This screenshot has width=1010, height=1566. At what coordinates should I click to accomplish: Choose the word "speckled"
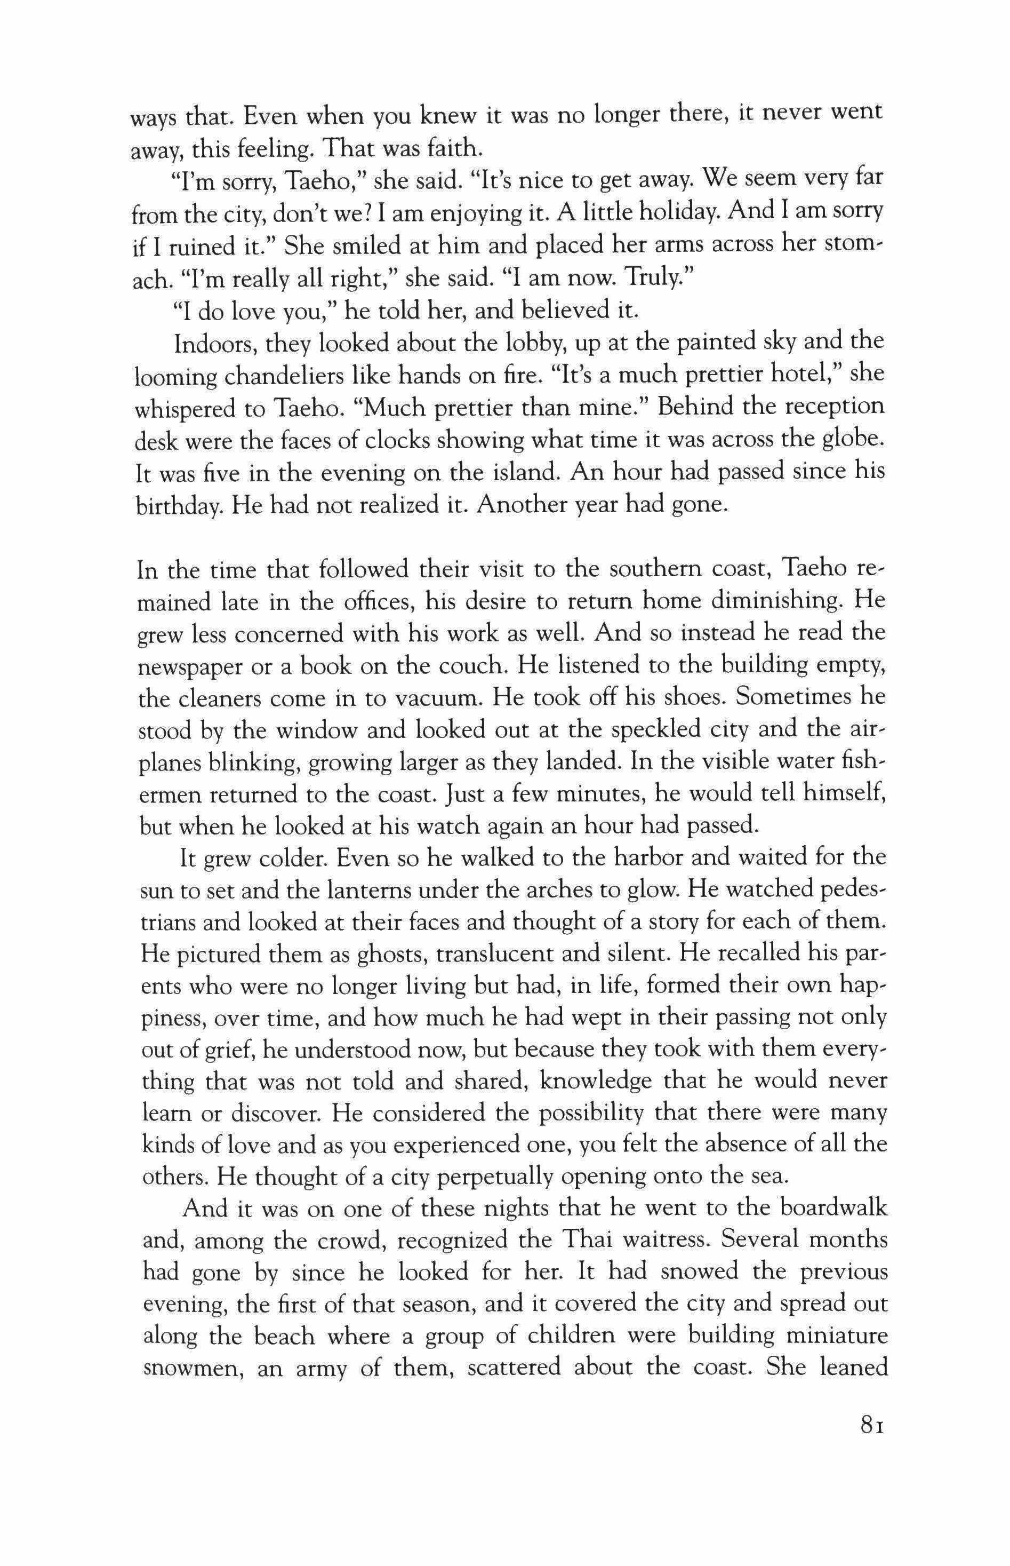(x=675, y=729)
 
